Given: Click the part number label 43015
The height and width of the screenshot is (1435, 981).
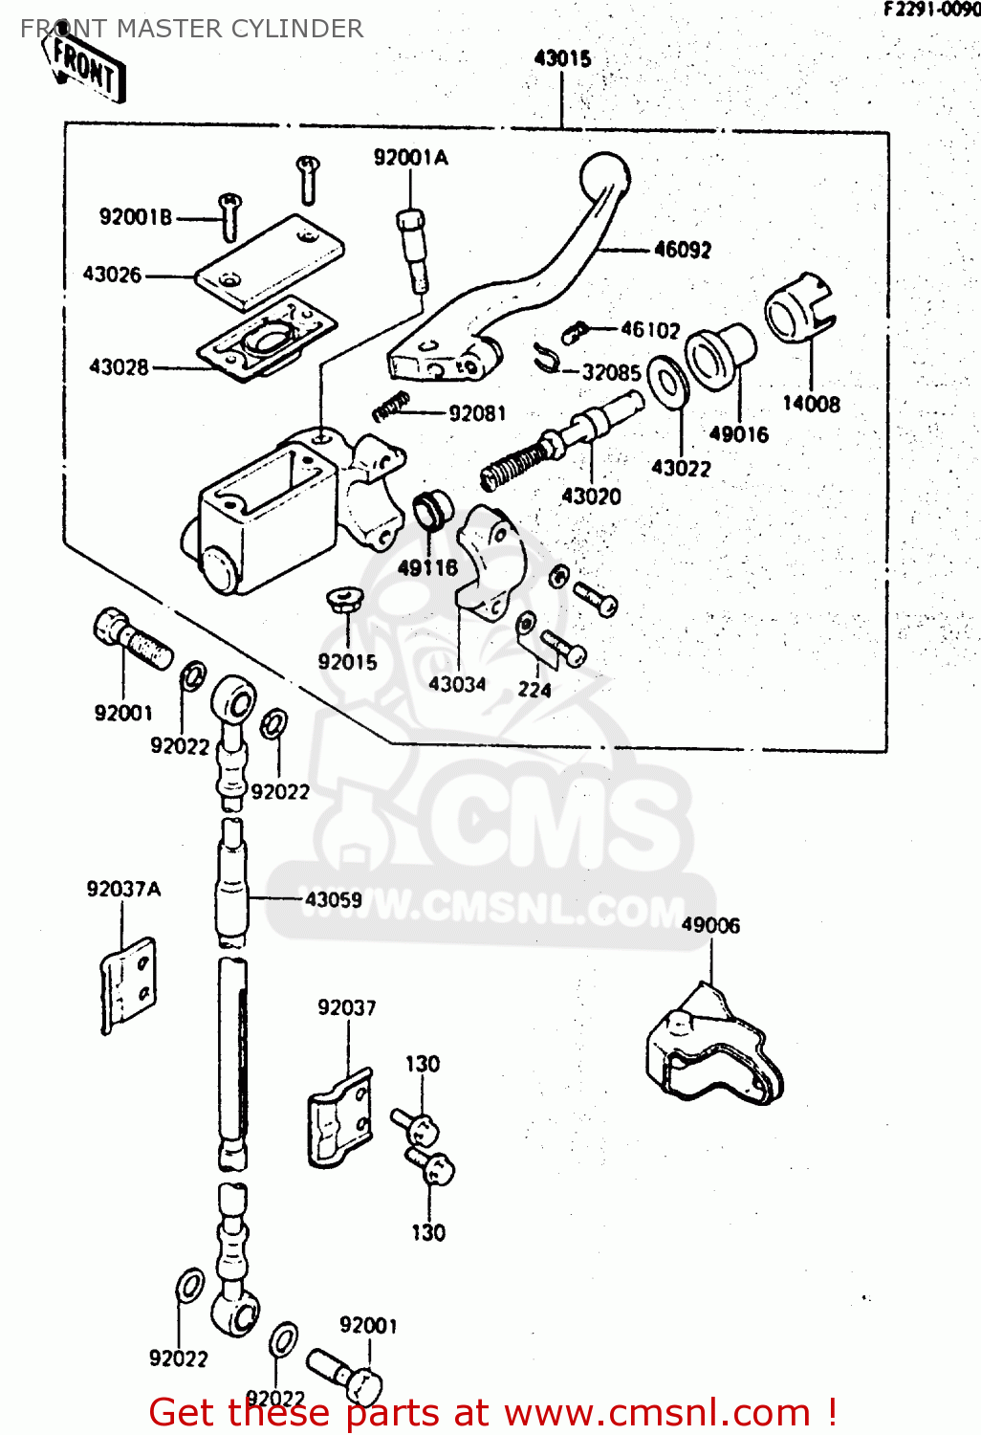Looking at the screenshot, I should (562, 59).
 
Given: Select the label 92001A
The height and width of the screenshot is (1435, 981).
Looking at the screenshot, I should (410, 158).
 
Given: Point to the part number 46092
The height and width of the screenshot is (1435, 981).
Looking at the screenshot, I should (683, 251).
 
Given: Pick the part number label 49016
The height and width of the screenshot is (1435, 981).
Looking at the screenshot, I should (738, 435).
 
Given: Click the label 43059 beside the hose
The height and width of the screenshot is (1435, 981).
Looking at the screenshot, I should (334, 900).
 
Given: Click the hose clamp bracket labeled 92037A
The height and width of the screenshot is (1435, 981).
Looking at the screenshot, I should (127, 982).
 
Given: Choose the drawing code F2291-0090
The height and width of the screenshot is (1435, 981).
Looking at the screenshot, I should (931, 10).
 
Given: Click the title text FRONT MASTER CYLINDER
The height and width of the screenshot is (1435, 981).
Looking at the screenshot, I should (192, 29).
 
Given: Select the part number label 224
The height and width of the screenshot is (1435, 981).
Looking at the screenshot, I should (534, 690).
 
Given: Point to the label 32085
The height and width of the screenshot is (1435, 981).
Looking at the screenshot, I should (611, 372).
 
